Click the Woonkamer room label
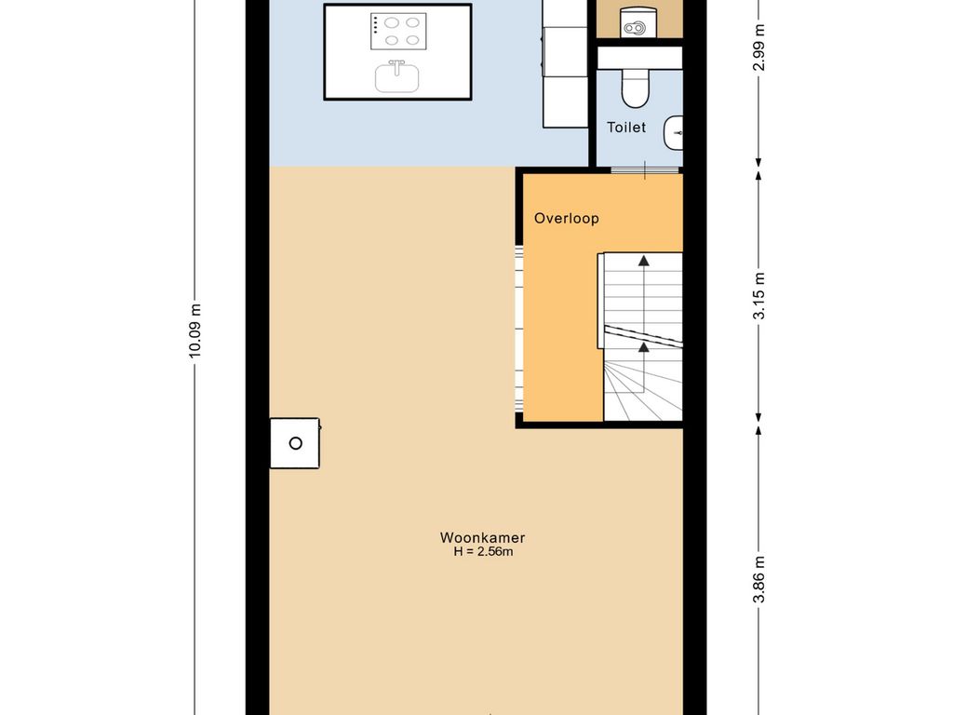click(483, 537)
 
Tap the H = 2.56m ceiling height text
click(483, 552)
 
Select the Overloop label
click(567, 218)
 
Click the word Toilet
click(626, 127)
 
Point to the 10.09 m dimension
click(195, 331)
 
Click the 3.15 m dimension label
click(759, 296)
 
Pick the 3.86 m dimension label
click(759, 579)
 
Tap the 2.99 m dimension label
click(759, 47)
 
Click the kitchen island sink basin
click(396, 78)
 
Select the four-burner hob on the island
click(398, 32)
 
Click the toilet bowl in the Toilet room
click(636, 88)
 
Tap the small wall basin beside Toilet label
click(674, 132)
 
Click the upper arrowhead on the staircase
click(643, 261)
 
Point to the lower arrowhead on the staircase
click(643, 346)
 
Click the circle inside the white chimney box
click(295, 443)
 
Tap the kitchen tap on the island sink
click(396, 66)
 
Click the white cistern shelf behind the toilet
click(639, 59)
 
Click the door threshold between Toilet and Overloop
click(644, 170)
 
